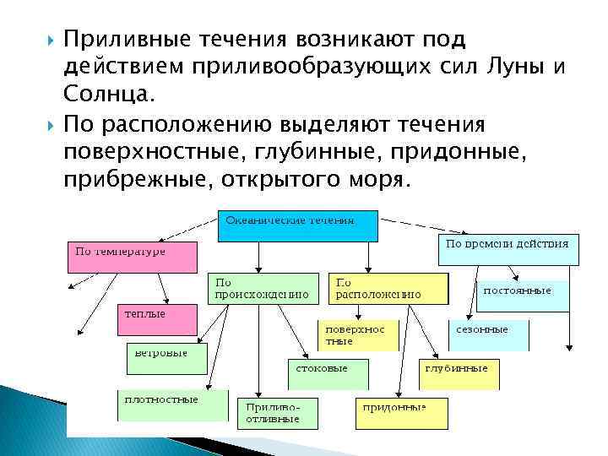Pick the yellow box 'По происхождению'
coord(263,288)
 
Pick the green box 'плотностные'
coord(172,405)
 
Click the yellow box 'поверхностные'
coord(356,335)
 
